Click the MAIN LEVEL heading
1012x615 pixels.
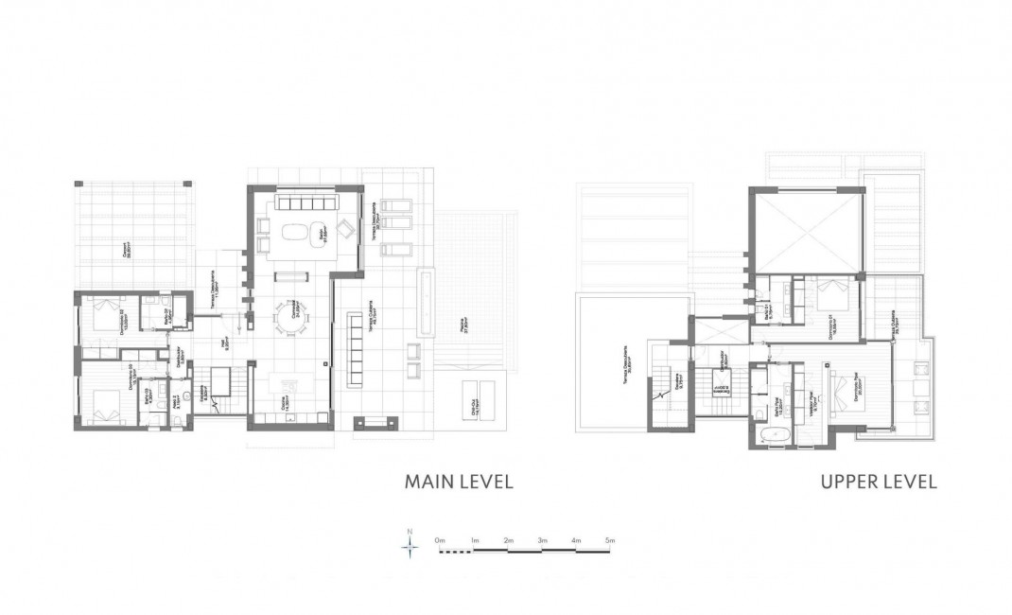coord(459,482)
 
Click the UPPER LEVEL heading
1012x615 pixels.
coord(879,482)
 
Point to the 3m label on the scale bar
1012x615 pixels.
coord(542,539)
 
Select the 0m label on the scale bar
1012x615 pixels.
coord(440,539)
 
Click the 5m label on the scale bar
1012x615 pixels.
coord(611,539)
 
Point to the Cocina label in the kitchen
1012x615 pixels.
coord(284,403)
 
